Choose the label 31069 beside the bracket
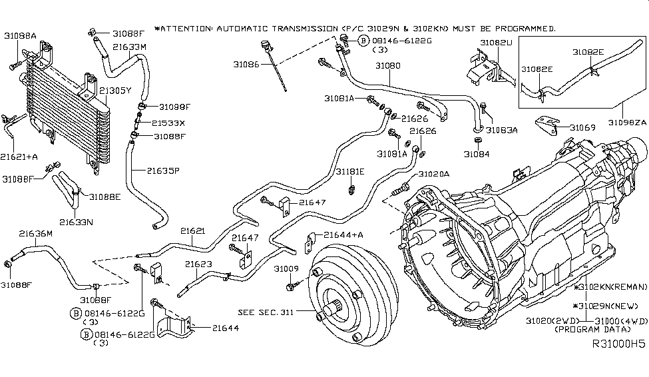(x=582, y=127)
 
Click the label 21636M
(x=35, y=234)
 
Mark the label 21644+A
(x=343, y=234)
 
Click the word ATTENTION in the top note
(x=188, y=29)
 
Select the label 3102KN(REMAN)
(x=613, y=287)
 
